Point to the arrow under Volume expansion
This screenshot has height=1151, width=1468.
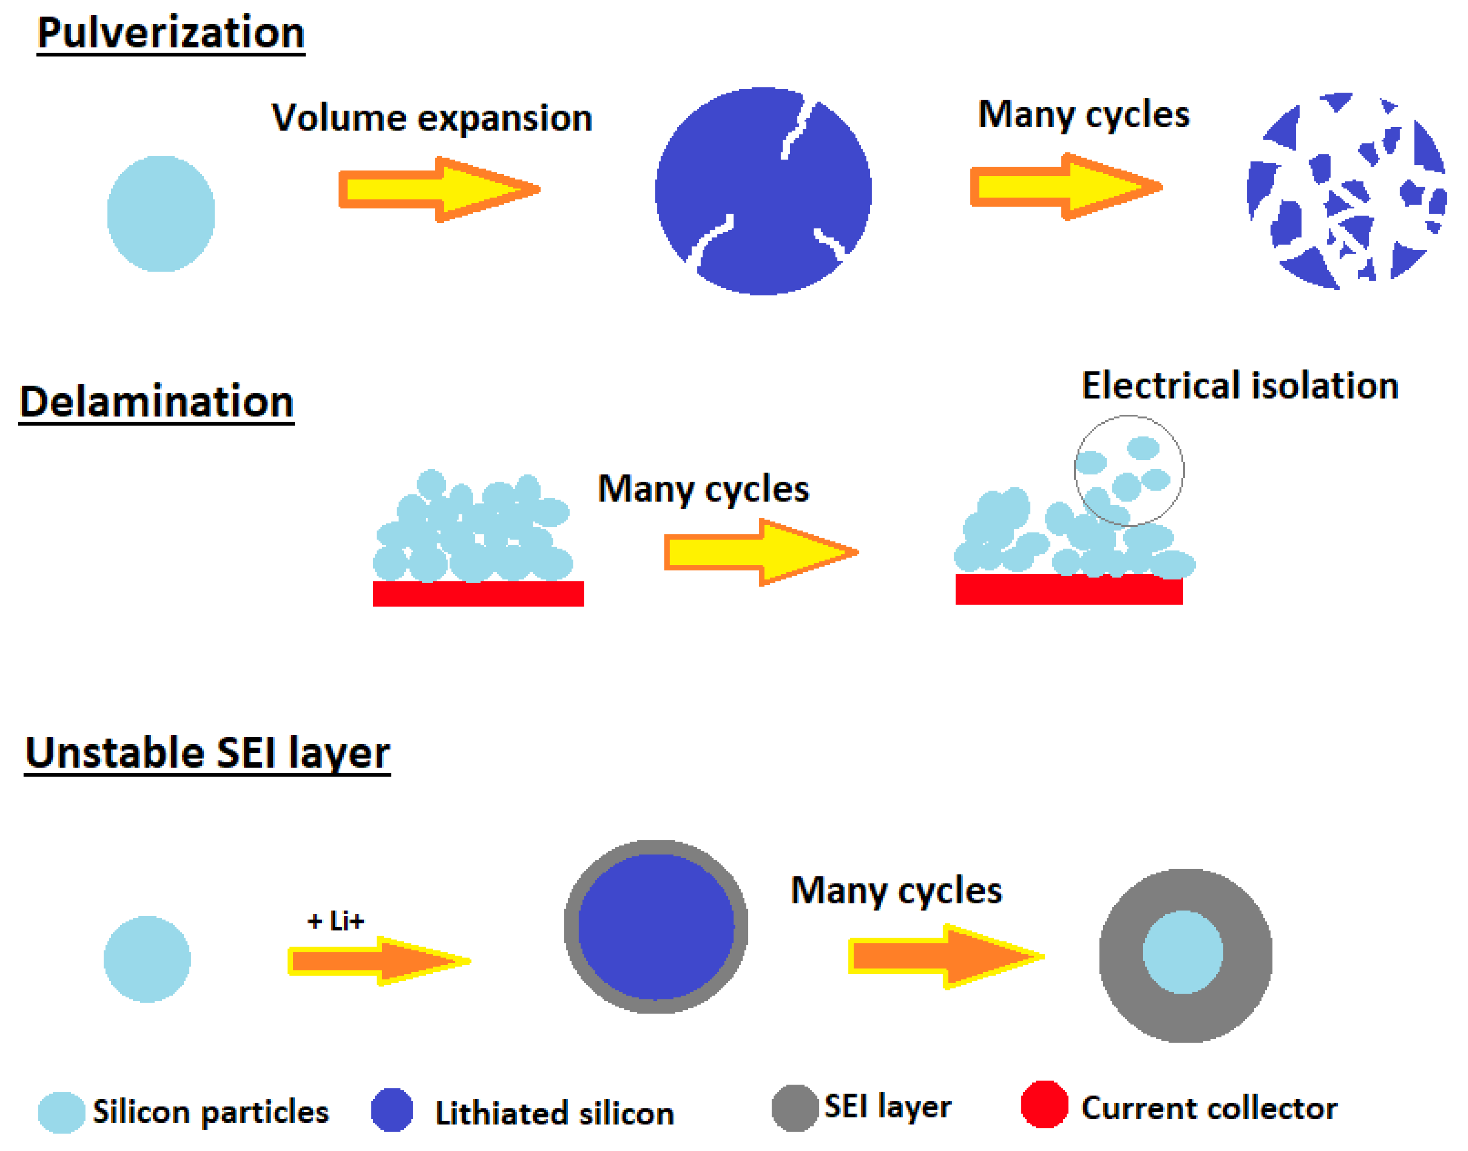pos(439,189)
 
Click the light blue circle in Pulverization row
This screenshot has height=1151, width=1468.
pos(161,214)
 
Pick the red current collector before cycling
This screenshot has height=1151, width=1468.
pos(478,594)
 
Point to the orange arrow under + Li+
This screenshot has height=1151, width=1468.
pos(379,961)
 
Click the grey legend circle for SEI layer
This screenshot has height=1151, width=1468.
pos(795,1108)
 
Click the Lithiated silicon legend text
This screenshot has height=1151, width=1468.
pos(554,1113)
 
